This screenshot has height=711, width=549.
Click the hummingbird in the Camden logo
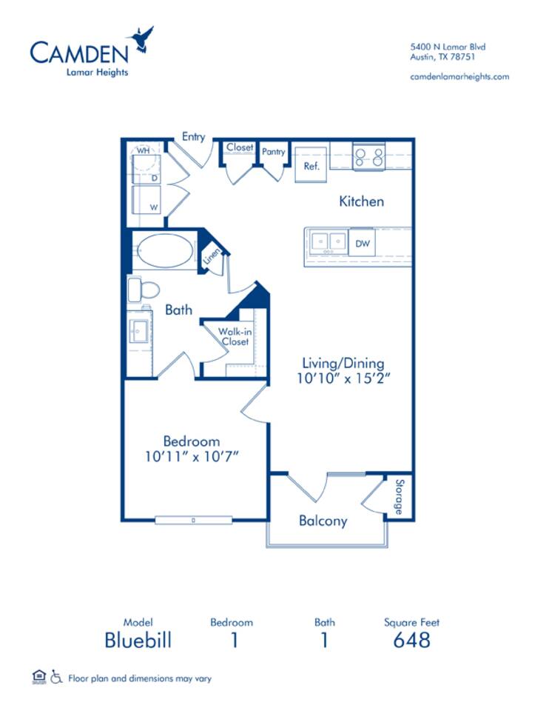tap(141, 40)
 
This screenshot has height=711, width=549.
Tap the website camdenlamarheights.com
tap(459, 76)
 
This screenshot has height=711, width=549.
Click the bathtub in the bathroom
tap(164, 251)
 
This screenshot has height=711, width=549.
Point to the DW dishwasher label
tap(363, 244)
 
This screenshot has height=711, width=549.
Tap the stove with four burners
tap(368, 156)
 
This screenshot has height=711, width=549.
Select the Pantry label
tap(273, 151)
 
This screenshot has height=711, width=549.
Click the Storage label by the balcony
tap(399, 497)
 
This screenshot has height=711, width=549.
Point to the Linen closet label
tap(212, 256)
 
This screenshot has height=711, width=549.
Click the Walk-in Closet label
tap(235, 336)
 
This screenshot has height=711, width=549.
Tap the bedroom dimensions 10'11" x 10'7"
tap(192, 456)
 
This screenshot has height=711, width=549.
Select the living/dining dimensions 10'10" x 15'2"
tap(343, 378)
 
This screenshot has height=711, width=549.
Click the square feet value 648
tap(411, 640)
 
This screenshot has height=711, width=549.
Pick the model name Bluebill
tap(138, 640)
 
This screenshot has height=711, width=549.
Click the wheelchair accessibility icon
tap(56, 677)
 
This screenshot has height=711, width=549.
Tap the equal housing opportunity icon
tap(39, 677)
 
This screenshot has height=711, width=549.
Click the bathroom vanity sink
tap(138, 330)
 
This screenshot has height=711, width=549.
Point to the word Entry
tap(193, 136)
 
